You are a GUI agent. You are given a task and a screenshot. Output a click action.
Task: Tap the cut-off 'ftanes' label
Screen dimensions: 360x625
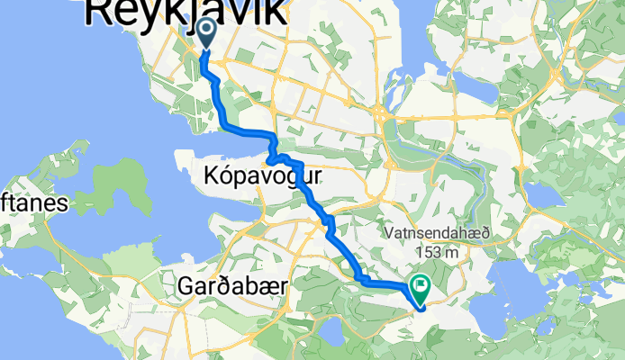34,205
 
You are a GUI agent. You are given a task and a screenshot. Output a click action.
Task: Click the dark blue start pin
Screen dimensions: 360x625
206,34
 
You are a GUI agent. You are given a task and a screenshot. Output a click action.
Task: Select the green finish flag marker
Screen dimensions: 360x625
421,287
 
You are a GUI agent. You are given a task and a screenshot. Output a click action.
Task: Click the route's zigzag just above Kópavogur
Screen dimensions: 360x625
273,153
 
